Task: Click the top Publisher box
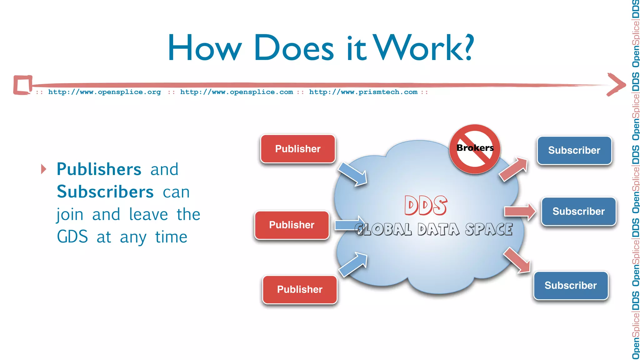coord(298,149)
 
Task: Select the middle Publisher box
coord(292,225)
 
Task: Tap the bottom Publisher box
coord(300,289)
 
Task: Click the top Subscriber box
coord(574,150)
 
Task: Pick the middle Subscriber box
coord(578,211)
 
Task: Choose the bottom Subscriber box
coord(571,285)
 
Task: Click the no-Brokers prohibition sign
coord(475,149)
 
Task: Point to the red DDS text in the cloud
coord(426,206)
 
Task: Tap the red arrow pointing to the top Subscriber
coord(513,169)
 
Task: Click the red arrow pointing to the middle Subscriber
coord(519,212)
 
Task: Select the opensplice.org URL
coord(104,92)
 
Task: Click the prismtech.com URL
coord(363,92)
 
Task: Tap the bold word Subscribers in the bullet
coord(105,192)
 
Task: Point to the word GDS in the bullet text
coord(72,237)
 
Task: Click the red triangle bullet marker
coord(44,169)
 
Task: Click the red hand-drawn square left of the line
coord(23,85)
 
